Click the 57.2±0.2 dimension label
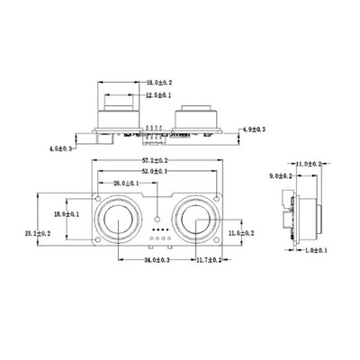coord(158,159)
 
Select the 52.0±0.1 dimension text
coord(158,171)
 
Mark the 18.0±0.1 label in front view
coord(66,214)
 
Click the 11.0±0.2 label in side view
coord(310,164)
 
